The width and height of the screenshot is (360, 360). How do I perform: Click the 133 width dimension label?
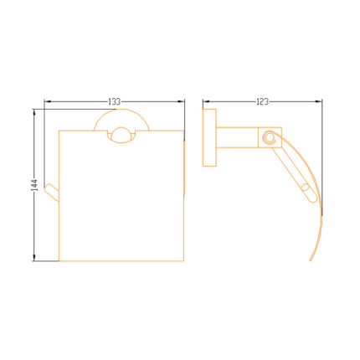point(115,101)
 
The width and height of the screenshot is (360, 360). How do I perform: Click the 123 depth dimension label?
point(262,101)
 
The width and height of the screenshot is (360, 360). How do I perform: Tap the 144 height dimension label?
point(34,185)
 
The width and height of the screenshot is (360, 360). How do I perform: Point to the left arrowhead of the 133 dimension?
point(47,101)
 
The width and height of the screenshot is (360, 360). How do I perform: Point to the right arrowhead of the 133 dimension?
point(182,101)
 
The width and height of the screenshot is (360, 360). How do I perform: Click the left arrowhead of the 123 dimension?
point(206,101)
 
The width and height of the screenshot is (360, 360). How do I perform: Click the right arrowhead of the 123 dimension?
point(319,101)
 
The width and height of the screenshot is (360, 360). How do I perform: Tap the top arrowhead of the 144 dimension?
point(34,112)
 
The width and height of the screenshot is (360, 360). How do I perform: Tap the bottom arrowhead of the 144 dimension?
point(34,258)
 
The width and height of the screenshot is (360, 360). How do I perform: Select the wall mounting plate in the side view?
point(209,137)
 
